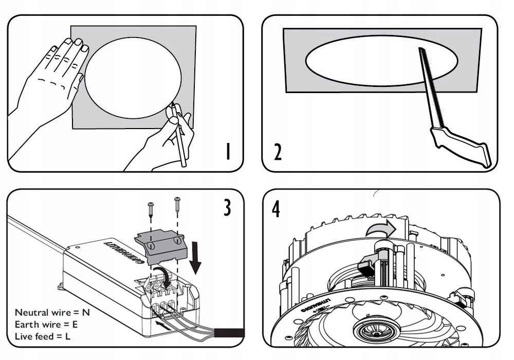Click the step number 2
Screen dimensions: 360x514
(278, 152)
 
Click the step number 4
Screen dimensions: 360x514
(277, 209)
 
